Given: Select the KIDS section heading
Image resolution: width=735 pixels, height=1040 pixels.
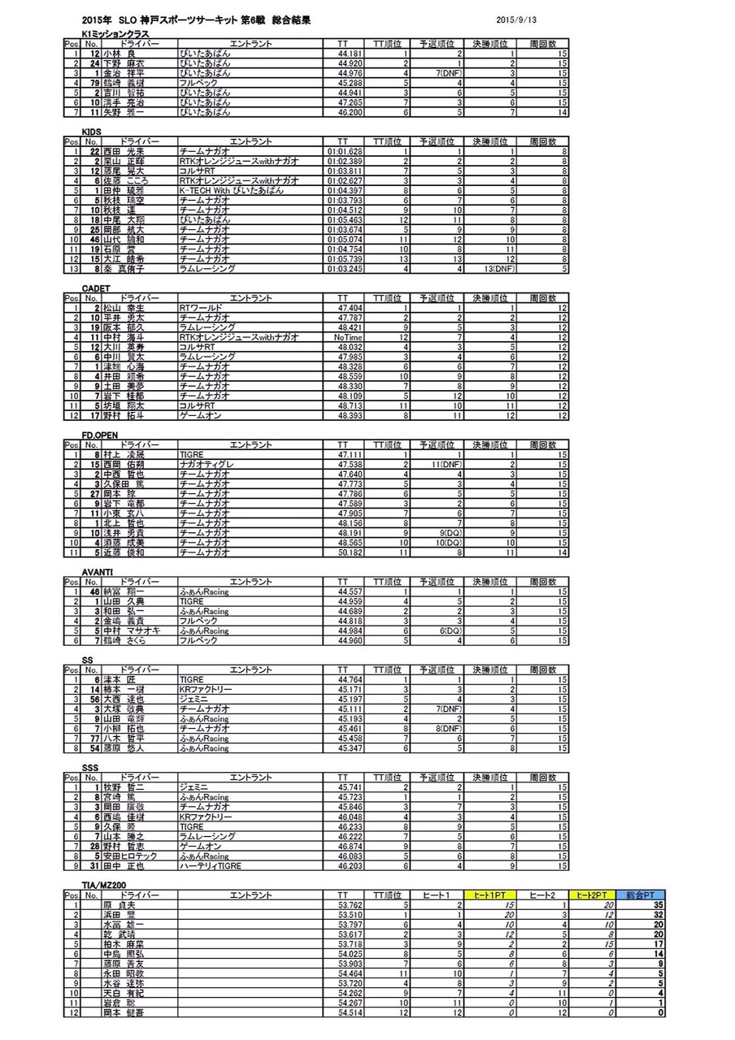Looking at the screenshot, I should [91, 131].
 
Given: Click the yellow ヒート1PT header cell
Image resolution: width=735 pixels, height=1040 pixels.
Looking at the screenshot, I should [492, 895].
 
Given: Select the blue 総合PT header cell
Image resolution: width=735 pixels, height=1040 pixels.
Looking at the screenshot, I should [643, 895].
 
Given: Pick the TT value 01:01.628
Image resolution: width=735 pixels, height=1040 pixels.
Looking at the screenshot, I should [346, 151].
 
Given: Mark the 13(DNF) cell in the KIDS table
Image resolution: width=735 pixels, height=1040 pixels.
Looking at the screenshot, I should [498, 268].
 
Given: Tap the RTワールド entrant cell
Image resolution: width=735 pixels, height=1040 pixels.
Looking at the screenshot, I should [198, 308].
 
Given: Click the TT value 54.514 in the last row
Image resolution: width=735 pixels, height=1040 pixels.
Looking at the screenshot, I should [350, 1013].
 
